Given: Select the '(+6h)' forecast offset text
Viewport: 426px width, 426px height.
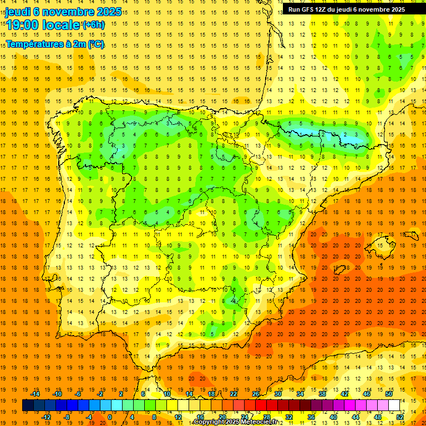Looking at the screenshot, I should coord(93,25).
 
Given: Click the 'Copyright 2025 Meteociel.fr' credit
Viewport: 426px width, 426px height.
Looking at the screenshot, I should coord(235,422).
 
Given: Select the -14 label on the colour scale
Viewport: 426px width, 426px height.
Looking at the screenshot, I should coord(36,394).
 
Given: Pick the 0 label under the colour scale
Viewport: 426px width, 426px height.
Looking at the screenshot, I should coord(110,417).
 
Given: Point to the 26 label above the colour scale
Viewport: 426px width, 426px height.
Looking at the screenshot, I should coord(256,394).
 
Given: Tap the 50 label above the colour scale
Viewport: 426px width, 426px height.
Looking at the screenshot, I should coord(389,394).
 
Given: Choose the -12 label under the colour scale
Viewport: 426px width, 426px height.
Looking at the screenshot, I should coord(47,417).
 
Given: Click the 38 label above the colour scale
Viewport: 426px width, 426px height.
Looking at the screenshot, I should coord(322,394).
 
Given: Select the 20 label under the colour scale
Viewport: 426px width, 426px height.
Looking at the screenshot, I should coord(222,417).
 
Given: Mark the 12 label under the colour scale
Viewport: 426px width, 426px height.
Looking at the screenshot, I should coord(178,417).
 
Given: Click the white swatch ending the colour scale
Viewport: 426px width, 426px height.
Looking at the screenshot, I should coord(394,405).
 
